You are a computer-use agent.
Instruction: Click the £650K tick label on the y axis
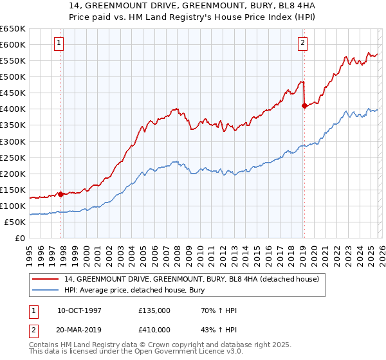pyautogui.click(x=13, y=29)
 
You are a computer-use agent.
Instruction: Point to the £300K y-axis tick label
pyautogui.click(x=13, y=141)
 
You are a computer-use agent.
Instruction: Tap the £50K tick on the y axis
pyautogui.click(x=15, y=222)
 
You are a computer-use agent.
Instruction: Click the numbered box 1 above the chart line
pyautogui.click(x=59, y=43)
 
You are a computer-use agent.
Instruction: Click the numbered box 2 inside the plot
pyautogui.click(x=302, y=43)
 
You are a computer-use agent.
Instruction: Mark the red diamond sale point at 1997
pyautogui.click(x=61, y=194)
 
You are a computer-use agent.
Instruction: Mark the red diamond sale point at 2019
pyautogui.click(x=304, y=106)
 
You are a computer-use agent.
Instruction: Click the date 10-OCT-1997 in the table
pyautogui.click(x=79, y=310)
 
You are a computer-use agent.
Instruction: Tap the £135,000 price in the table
pyautogui.click(x=154, y=310)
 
